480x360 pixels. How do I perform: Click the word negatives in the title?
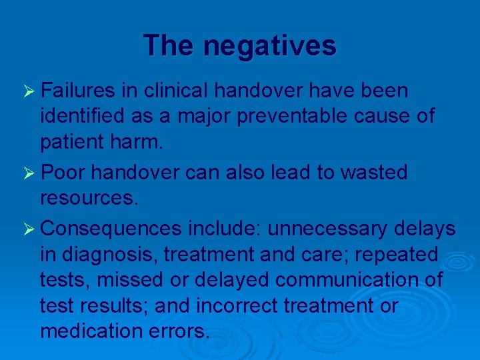coord(270,46)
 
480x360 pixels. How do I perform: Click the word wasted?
coord(373,173)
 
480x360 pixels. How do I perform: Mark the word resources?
coord(88,198)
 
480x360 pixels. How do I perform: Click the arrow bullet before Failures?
coord(29,91)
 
